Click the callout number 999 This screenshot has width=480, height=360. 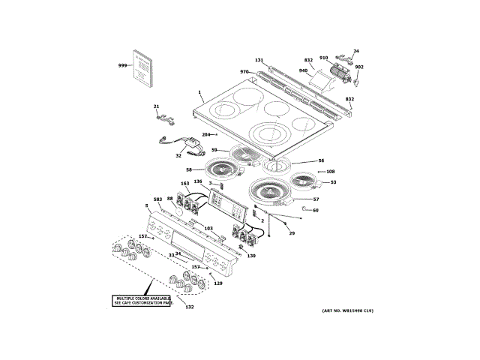pos(122,67)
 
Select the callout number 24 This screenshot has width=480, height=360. pos(356,52)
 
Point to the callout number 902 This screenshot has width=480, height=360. pos(359,67)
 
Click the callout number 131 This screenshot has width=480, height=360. pos(259,60)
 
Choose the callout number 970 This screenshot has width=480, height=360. pos(244,72)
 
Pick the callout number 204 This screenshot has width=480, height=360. pos(206,134)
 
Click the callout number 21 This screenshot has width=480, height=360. pos(157,106)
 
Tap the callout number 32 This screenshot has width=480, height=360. pos(178,156)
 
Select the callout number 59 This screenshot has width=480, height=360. pos(214,150)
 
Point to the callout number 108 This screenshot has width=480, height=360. pos(330,172)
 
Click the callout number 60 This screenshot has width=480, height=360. pos(316,210)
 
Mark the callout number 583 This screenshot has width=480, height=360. pos(157,199)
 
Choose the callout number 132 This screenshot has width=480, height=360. pos(190,307)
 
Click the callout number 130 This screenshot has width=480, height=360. pos(251,256)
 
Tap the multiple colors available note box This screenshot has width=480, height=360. pos(143,300)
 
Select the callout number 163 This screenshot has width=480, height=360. pos(185,184)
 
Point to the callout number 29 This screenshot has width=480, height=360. pos(292,234)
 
